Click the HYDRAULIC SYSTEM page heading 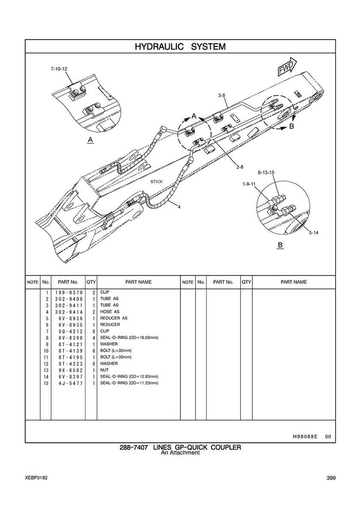pyautogui.click(x=180, y=46)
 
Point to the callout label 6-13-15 pyautogui.click(x=266, y=172)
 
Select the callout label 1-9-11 pyautogui.click(x=249, y=184)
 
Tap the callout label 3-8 pyautogui.click(x=222, y=95)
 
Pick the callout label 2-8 pyautogui.click(x=240, y=167)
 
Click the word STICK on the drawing pyautogui.click(x=156, y=182)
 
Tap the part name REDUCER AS pyautogui.click(x=114, y=318)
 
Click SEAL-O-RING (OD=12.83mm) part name pyautogui.click(x=129, y=376)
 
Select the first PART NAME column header pyautogui.click(x=138, y=282)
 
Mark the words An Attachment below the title pyautogui.click(x=180, y=453)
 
